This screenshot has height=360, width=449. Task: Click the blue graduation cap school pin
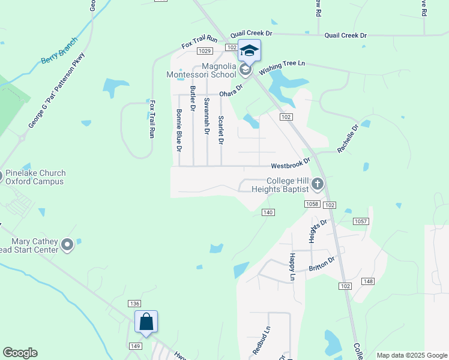click(249, 50)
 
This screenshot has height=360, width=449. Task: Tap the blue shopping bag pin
click(146, 322)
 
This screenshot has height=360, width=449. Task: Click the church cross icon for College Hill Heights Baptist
click(318, 185)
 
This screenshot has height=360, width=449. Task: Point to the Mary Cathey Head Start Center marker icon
click(67, 244)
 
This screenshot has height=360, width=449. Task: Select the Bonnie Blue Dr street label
click(179, 130)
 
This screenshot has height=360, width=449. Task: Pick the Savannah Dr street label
click(207, 115)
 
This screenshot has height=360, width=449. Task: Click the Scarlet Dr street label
click(221, 130)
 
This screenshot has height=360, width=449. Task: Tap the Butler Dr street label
click(193, 99)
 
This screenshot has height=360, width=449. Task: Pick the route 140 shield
click(268, 212)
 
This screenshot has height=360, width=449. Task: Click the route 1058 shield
click(312, 205)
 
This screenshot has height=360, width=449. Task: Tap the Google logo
click(20, 353)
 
